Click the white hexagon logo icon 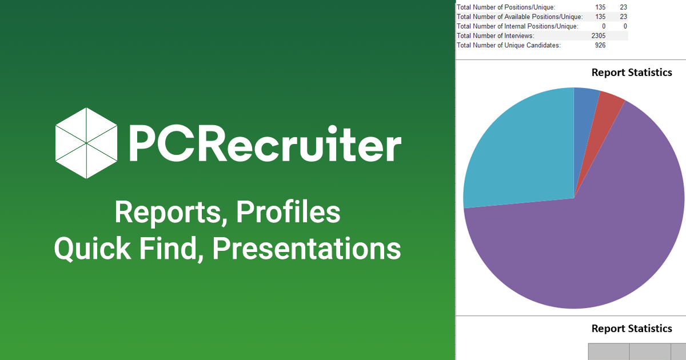tap(86, 143)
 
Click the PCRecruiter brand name tap(265, 143)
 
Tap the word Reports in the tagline tap(167, 213)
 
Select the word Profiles tap(288, 211)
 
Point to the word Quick tap(93, 248)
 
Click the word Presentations tap(306, 248)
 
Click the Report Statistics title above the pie tap(632, 73)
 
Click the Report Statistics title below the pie tap(632, 329)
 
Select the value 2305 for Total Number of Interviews tap(599, 36)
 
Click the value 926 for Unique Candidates tap(600, 45)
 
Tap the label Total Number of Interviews tap(496, 36)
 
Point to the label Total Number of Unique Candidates tap(509, 45)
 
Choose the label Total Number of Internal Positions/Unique tap(517, 26)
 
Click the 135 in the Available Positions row tap(600, 17)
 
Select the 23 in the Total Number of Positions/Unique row tap(624, 7)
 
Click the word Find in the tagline tap(168, 248)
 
